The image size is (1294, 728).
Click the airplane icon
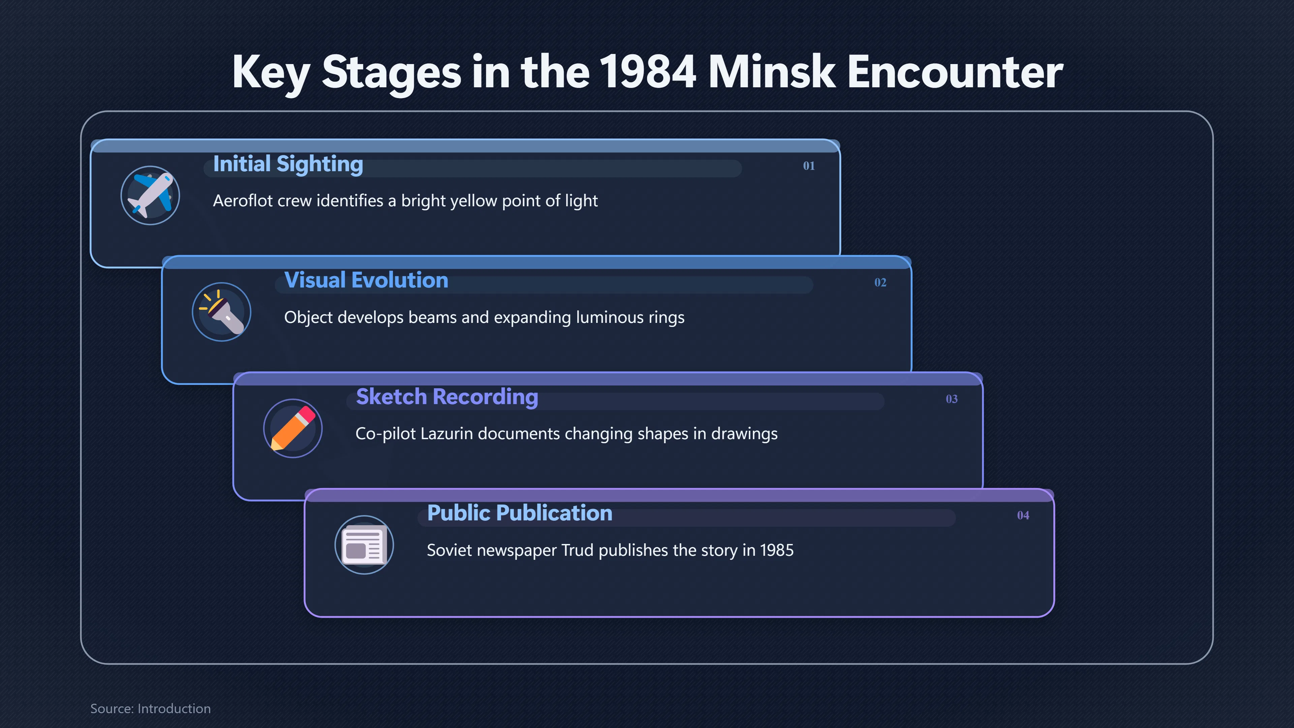(x=150, y=195)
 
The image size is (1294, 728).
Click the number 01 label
(x=809, y=166)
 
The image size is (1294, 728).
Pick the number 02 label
(x=880, y=282)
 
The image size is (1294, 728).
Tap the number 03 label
(x=951, y=399)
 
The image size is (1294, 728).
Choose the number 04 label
(x=1023, y=515)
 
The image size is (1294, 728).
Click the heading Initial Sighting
(x=288, y=164)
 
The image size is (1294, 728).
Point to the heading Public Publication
(x=519, y=513)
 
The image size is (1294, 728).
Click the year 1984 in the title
(x=648, y=72)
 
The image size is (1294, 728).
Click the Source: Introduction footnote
(x=150, y=708)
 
